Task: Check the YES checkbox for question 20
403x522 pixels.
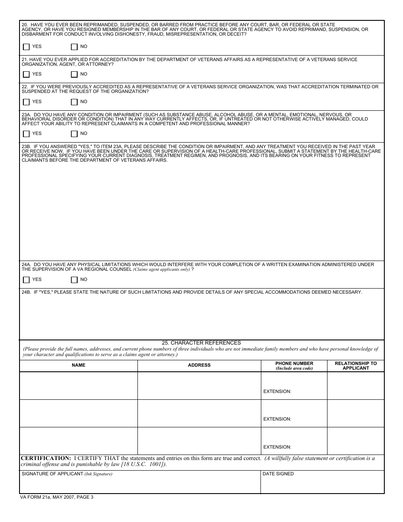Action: click(x=26, y=47)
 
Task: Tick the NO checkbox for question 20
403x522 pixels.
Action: click(x=74, y=47)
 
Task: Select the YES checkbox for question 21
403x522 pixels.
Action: click(x=26, y=74)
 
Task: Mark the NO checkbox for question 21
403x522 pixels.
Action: click(x=74, y=74)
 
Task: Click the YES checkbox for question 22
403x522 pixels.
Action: click(x=26, y=102)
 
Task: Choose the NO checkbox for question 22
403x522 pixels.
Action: click(x=74, y=102)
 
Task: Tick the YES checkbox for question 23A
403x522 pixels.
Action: click(x=26, y=134)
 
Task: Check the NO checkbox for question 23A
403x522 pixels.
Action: click(x=74, y=134)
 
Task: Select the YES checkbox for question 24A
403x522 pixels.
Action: click(x=26, y=280)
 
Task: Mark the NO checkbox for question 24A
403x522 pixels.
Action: click(x=74, y=280)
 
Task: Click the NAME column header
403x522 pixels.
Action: click(x=78, y=365)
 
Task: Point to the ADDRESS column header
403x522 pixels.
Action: click(x=199, y=365)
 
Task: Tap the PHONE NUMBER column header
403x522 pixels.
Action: click(x=294, y=364)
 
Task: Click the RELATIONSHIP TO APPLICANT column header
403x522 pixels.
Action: click(x=355, y=366)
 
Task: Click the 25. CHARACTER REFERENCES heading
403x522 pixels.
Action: click(x=201, y=343)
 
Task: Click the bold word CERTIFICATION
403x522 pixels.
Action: click(x=46, y=458)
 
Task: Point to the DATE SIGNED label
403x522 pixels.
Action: click(x=278, y=474)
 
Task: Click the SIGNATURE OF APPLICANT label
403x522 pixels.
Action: click(x=52, y=474)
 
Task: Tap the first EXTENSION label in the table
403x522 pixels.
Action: click(x=277, y=392)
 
